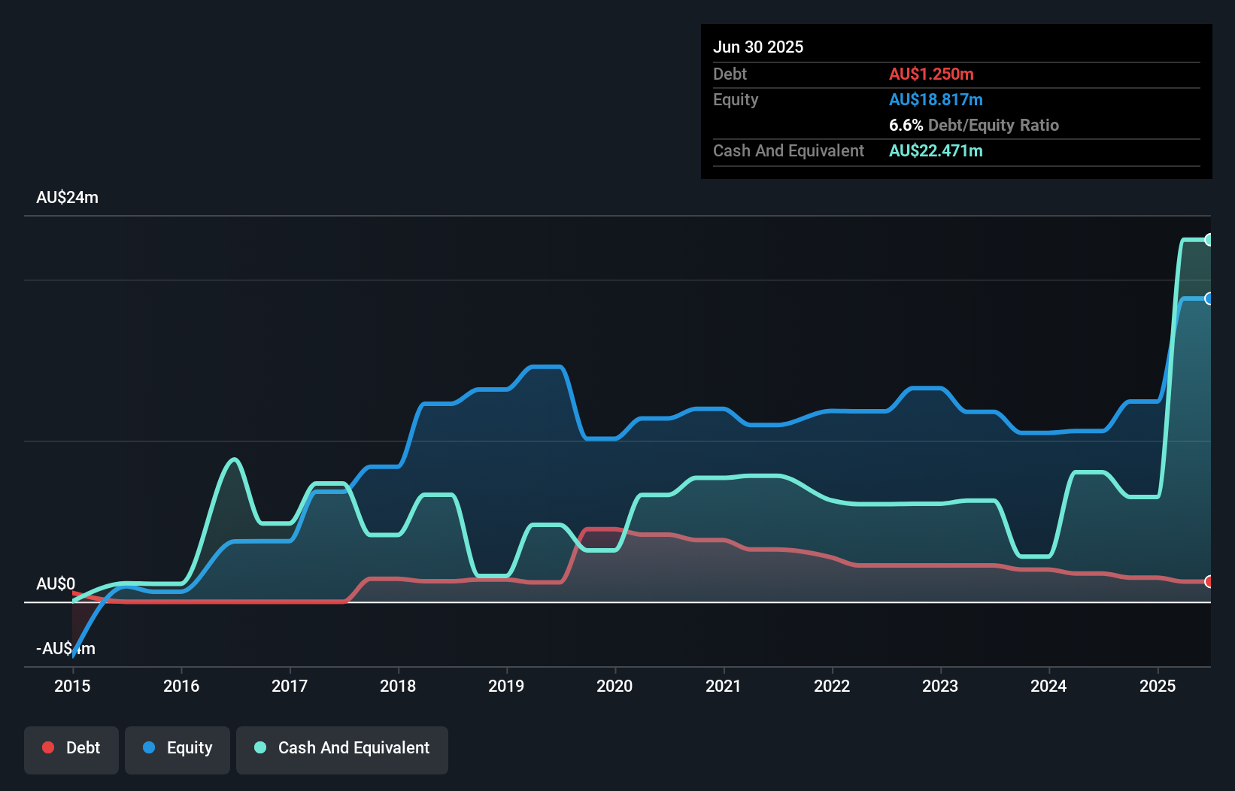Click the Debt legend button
(71, 748)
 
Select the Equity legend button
(178, 748)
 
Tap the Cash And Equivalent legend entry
(342, 748)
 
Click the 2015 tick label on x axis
(72, 686)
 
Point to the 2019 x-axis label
(506, 686)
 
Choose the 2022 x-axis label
(832, 686)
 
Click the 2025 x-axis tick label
(1158, 686)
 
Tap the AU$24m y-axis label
(67, 198)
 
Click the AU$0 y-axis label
(56, 584)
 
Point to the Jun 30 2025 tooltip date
(758, 47)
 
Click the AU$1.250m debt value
(931, 74)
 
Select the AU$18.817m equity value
(936, 100)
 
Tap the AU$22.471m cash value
(936, 151)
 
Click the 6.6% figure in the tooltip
(906, 126)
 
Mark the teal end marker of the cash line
(1209, 240)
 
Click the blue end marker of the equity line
(1209, 299)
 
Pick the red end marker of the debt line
(1209, 581)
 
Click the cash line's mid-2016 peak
(235, 459)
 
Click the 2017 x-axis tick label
(290, 686)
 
